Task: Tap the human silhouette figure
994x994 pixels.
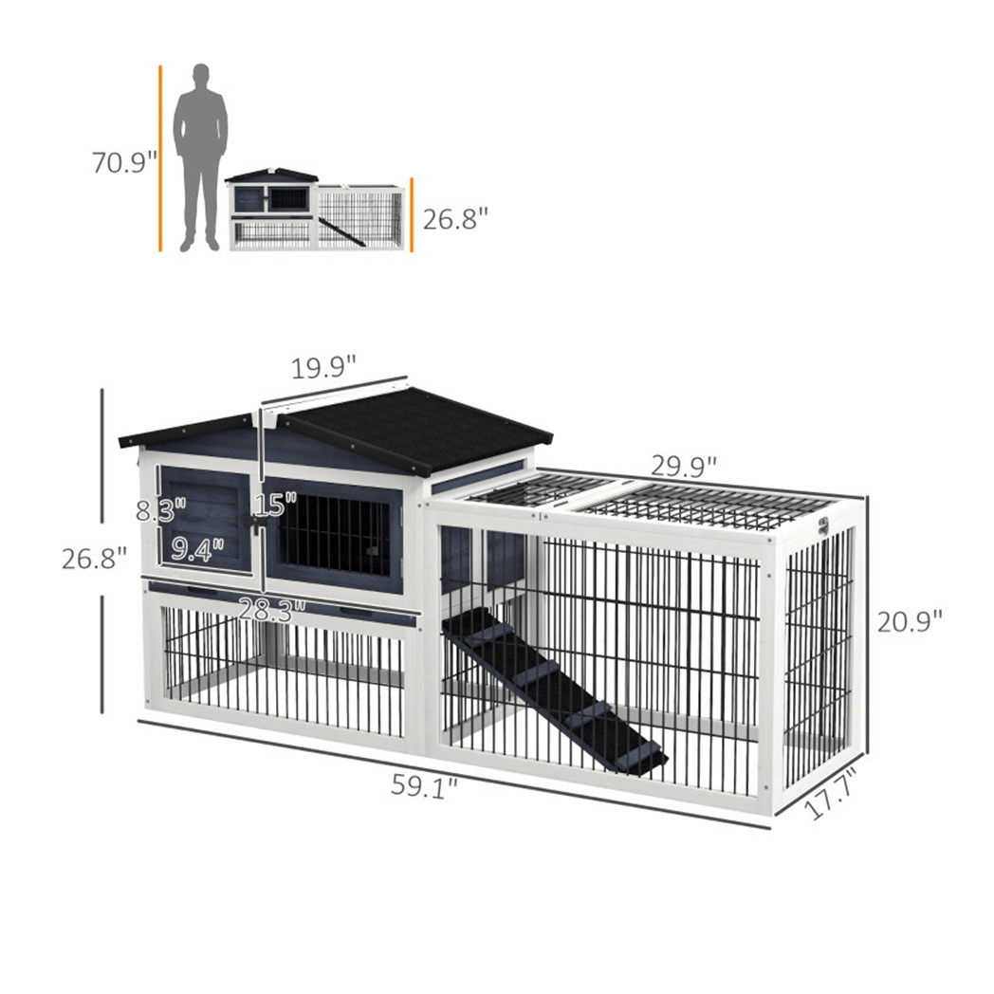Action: [200, 156]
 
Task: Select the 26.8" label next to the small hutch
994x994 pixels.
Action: [455, 220]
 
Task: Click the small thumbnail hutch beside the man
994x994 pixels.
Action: [316, 210]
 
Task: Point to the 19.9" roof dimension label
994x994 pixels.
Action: [322, 367]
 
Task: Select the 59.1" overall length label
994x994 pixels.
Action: [424, 785]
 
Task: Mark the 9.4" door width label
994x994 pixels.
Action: [198, 549]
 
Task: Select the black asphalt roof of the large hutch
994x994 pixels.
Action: [417, 427]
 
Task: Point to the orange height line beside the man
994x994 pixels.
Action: [161, 157]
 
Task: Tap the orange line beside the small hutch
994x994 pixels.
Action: [412, 214]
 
